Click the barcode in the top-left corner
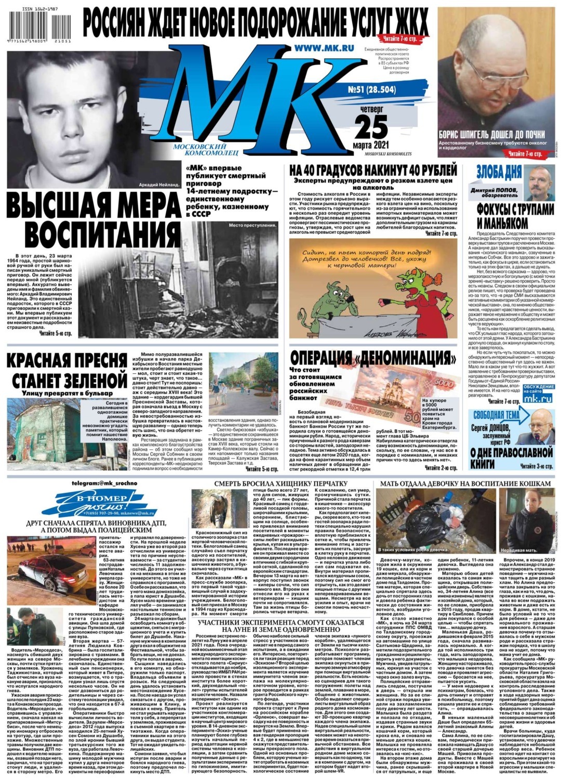pos(34,27)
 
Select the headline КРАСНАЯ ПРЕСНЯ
pos(66,359)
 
